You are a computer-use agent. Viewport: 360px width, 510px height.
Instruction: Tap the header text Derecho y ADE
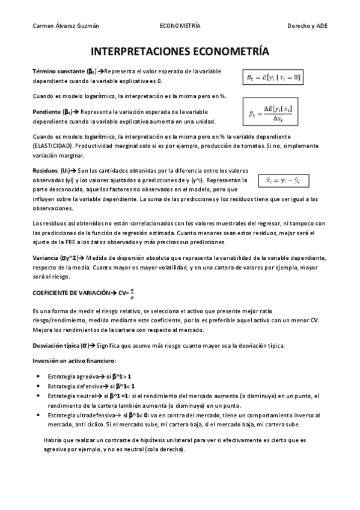(307, 26)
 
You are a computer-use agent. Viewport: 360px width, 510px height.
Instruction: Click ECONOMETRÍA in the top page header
(180, 26)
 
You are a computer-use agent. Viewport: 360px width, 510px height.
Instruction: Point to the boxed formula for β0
(272, 77)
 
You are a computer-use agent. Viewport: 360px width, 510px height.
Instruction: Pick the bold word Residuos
(46, 171)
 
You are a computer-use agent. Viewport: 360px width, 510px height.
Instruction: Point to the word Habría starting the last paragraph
(53, 440)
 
